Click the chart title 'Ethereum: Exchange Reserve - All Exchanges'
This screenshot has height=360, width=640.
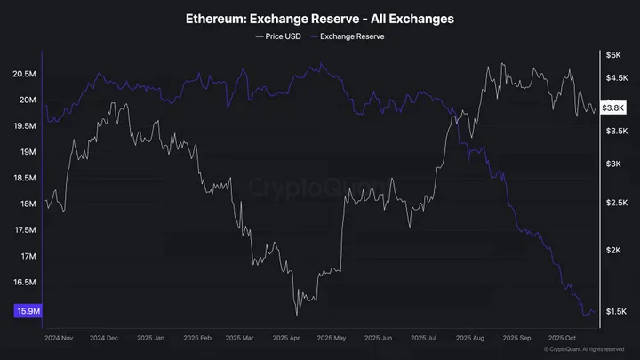pos(320,18)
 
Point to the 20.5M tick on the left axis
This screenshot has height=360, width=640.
pos(26,74)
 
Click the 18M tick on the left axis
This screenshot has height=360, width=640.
pos(28,204)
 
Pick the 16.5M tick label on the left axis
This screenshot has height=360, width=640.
pos(26,283)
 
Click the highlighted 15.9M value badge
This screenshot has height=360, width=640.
pos(28,311)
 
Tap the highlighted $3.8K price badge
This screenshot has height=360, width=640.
pos(612,108)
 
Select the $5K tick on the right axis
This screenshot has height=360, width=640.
pos(612,55)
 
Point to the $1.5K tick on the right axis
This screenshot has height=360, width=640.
pos(614,311)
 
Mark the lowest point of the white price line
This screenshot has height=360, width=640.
pos(296,313)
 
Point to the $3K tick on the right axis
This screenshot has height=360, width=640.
pos(613,164)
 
